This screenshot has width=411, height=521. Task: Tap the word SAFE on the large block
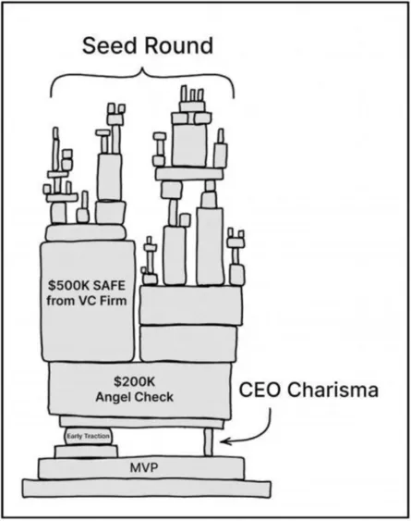(115, 283)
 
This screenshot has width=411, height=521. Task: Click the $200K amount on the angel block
(139, 380)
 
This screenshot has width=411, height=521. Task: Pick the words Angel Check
(139, 397)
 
